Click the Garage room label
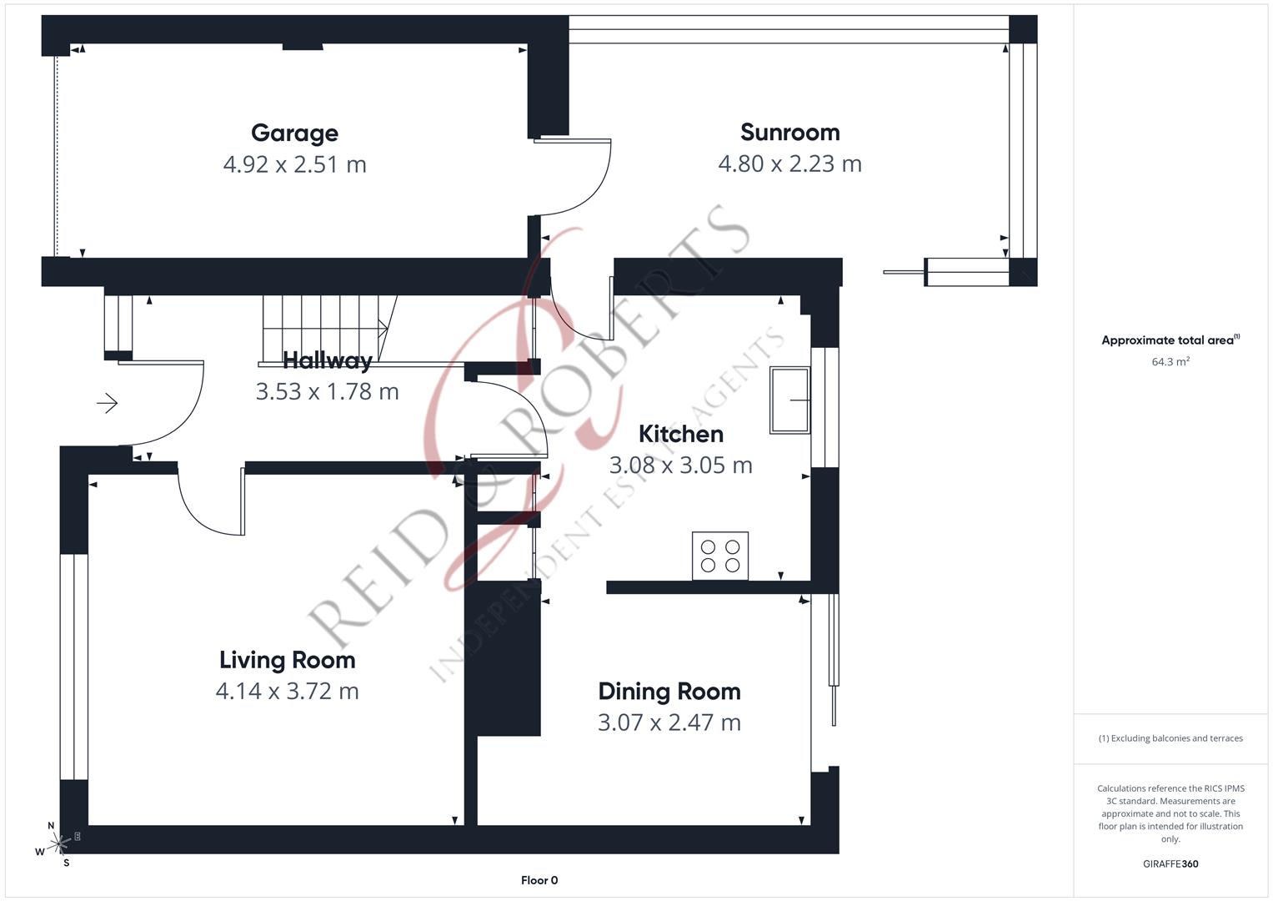coord(294,133)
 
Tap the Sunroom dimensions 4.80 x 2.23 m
coord(789,164)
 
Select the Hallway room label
coord(327,360)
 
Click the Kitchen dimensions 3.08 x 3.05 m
coord(680,465)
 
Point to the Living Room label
coord(287,660)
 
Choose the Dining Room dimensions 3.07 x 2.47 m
coord(669,722)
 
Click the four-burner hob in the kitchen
coord(720,556)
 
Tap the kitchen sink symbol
coord(789,400)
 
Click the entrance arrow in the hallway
coord(108,404)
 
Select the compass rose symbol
coord(58,844)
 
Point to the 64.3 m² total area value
coord(1170,362)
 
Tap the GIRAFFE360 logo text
coord(1170,864)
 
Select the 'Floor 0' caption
coord(539,880)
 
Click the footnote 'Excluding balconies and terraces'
coord(1170,738)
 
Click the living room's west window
coord(74,667)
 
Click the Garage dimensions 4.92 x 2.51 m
coord(294,164)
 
